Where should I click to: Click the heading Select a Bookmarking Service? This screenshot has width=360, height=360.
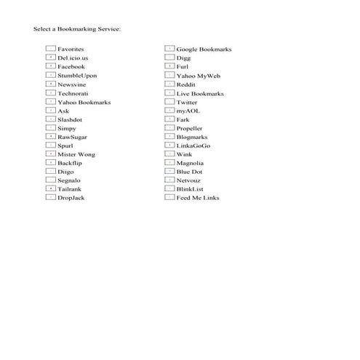(77, 29)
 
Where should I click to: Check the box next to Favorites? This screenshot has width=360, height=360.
(50, 49)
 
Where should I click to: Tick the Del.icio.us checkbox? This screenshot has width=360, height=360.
(50, 57)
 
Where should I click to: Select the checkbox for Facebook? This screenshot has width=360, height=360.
(50, 66)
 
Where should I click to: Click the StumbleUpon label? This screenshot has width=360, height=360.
(76, 76)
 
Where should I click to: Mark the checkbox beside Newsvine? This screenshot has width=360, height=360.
(50, 84)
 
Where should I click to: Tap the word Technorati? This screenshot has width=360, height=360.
(74, 93)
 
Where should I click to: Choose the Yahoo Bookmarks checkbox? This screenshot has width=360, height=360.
(50, 102)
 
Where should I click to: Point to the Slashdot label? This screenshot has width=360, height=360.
(70, 119)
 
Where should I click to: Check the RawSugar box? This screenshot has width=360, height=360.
(50, 136)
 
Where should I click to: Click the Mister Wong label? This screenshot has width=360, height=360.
(76, 154)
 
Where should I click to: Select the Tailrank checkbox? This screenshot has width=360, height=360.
(50, 188)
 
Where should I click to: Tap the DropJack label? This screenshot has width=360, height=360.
(71, 198)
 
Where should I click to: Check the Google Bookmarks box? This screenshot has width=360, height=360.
(169, 49)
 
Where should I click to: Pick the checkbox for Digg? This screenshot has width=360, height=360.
(169, 57)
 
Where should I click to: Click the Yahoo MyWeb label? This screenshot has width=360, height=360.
(198, 76)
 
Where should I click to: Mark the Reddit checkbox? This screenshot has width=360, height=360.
(169, 84)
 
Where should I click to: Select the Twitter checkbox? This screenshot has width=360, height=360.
(169, 102)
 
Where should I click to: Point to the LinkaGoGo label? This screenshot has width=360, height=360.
(193, 145)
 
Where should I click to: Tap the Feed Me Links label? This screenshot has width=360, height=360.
(197, 198)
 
